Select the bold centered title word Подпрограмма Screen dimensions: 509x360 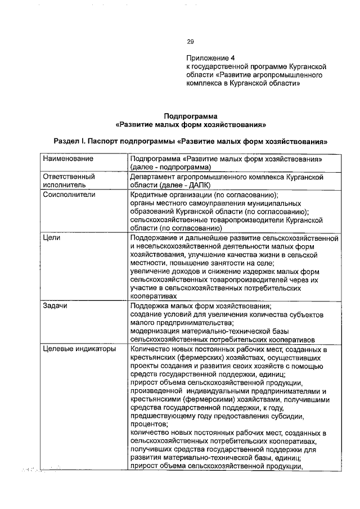coord(190,116)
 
